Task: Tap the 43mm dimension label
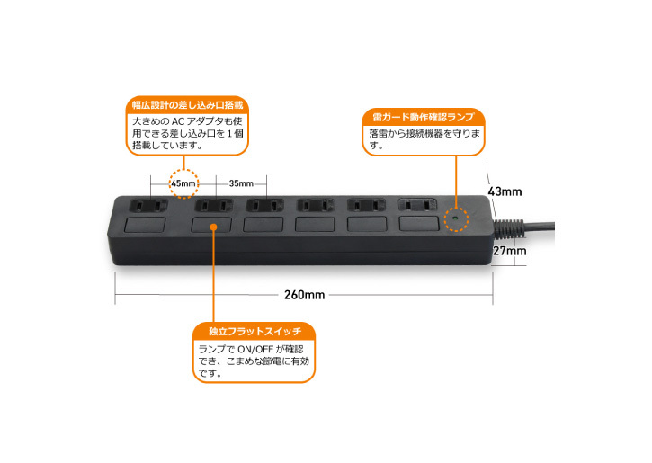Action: (x=506, y=191)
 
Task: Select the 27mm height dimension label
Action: (x=510, y=252)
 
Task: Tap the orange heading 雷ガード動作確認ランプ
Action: (x=423, y=117)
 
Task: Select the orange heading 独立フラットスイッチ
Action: (x=255, y=331)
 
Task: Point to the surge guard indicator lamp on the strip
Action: (x=458, y=218)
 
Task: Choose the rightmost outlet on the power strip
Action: (x=415, y=205)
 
